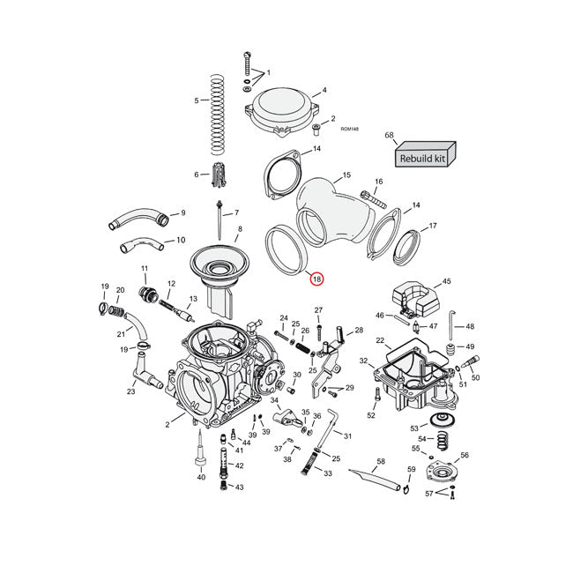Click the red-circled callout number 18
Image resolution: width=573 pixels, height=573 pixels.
pos(317,279)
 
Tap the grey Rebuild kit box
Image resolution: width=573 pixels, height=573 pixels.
pos(424,157)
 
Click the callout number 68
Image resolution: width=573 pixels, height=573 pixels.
pos(389,135)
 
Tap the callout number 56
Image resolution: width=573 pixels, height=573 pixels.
pos(465,456)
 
